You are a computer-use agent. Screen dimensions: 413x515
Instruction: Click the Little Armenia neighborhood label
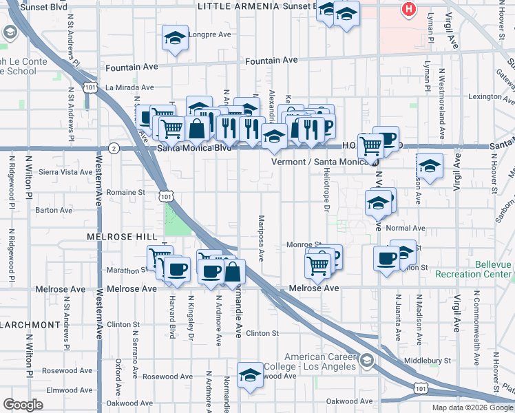(x=238, y=6)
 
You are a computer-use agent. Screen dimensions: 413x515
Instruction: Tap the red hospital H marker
(x=409, y=10)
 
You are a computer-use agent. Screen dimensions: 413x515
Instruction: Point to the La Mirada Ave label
(x=129, y=87)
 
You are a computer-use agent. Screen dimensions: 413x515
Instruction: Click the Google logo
(x=23, y=405)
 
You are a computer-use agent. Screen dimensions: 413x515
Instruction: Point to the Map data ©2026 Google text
(x=472, y=407)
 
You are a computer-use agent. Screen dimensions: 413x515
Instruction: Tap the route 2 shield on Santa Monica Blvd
(x=114, y=148)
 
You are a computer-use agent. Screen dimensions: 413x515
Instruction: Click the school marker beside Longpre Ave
(x=175, y=39)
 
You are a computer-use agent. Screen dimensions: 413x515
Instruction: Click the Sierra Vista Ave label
(x=65, y=172)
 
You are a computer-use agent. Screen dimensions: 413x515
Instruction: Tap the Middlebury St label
(x=427, y=360)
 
